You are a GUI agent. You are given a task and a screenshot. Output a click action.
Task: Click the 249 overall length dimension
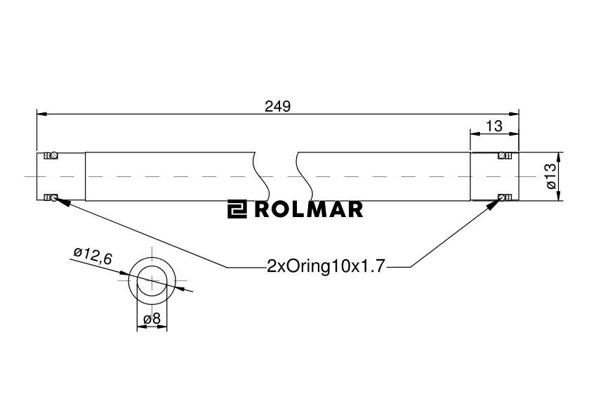[x=277, y=107]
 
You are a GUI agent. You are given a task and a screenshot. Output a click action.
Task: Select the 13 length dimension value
[x=493, y=126]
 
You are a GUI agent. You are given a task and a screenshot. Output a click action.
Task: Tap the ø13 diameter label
[x=551, y=176]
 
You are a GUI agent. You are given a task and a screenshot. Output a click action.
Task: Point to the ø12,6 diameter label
[x=93, y=256]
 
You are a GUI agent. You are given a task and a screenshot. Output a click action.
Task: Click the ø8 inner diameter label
[x=152, y=319]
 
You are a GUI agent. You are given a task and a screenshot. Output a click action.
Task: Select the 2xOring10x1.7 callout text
[x=326, y=266]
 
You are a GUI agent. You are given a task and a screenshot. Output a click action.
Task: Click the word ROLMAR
[x=309, y=209]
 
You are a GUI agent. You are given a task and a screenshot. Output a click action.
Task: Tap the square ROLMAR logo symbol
[x=237, y=209]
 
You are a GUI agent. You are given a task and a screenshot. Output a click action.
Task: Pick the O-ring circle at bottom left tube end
[x=54, y=197]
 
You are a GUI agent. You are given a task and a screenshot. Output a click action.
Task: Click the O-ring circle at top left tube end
[x=54, y=155]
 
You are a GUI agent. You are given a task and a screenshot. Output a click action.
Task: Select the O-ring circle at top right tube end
[x=502, y=155]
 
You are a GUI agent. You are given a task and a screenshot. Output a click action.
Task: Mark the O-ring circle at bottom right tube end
[x=502, y=197]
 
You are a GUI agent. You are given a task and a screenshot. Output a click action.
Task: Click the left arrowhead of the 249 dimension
[x=41, y=114]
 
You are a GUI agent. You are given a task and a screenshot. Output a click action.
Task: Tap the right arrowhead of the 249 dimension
[x=514, y=114]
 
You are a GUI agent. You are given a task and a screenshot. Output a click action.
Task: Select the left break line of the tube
[x=262, y=176]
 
